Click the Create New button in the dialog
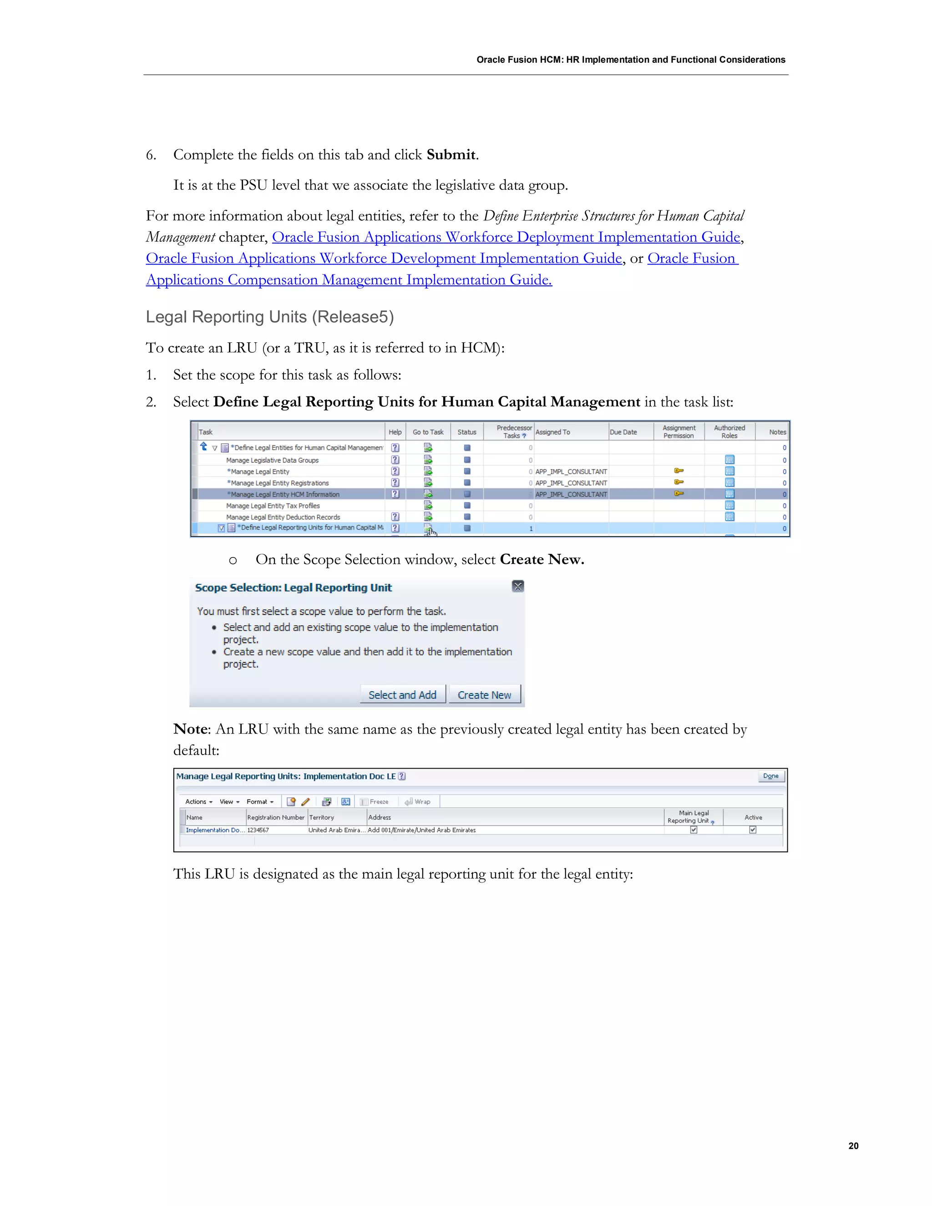point(484,694)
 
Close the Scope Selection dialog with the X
point(517,587)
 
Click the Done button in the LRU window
point(770,776)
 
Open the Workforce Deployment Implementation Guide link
point(506,237)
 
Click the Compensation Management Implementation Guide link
point(349,280)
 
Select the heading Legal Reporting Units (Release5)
point(269,317)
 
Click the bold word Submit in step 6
point(451,155)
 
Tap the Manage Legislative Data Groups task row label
point(272,460)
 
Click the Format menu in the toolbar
point(259,802)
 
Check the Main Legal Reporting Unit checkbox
point(694,829)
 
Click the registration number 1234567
point(258,830)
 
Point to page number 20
point(853,1146)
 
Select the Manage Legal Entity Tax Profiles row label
point(273,506)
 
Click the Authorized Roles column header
point(729,432)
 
